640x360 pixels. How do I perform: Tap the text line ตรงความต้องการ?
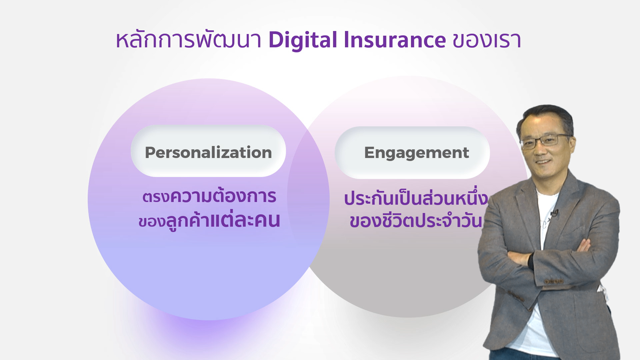point(209,196)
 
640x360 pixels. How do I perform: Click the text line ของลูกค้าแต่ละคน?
point(209,221)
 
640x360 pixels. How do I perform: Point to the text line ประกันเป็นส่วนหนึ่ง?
point(416,198)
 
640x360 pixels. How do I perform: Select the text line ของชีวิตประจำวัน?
point(416,221)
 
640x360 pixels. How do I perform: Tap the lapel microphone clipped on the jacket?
point(555,213)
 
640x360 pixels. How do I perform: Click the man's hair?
point(547,117)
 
